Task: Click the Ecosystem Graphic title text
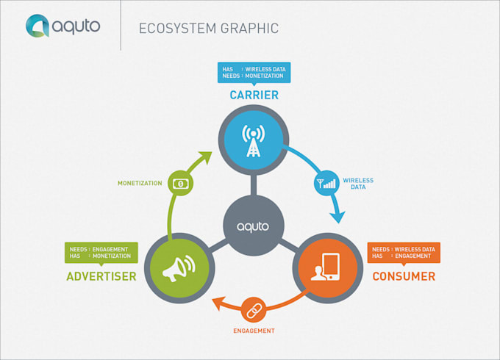tap(209, 29)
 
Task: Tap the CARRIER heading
tap(253, 95)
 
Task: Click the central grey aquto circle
tap(252, 226)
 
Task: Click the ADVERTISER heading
tap(101, 277)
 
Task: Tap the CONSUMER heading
tap(403, 277)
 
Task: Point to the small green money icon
tap(180, 182)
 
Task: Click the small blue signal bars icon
tap(325, 183)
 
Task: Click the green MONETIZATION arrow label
tap(140, 183)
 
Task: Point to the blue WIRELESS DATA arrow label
tap(358, 184)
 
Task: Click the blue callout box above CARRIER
tap(254, 73)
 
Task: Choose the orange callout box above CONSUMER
tap(403, 253)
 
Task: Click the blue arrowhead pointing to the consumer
tap(337, 216)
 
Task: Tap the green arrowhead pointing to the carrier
tap(204, 158)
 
